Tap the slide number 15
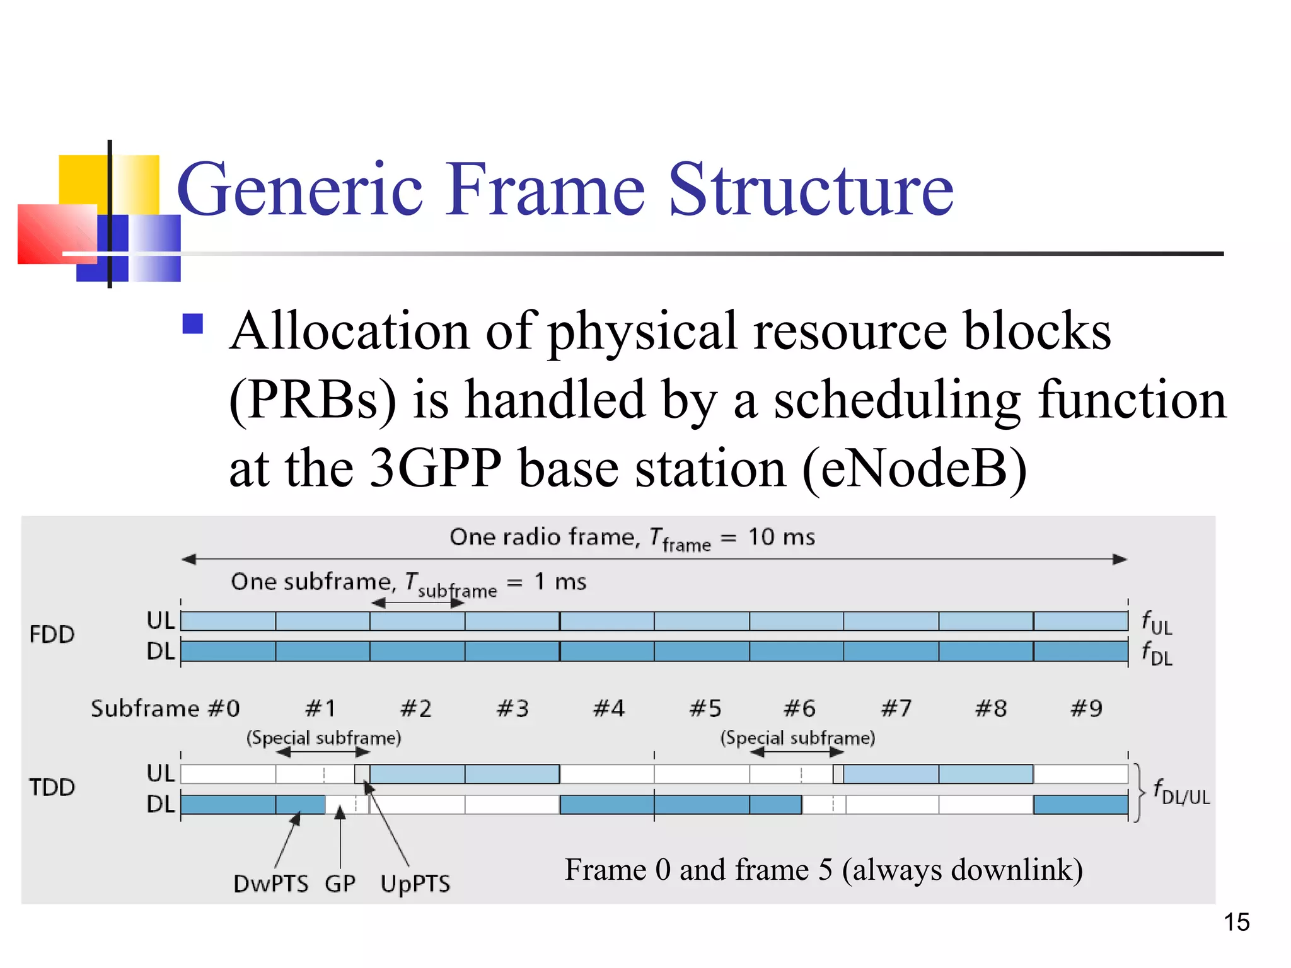pos(1236,922)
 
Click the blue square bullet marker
pos(192,324)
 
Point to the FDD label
pos(52,634)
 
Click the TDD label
pos(52,787)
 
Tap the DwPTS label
pos(270,884)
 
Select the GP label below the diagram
pos(340,884)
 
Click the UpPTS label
pos(415,884)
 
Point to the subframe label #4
pos(609,708)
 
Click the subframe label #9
pos(1086,708)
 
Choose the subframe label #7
pos(896,708)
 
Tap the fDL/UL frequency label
pos(1181,792)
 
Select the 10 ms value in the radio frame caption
pos(781,537)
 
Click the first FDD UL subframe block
pos(228,621)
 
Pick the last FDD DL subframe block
pos(1080,651)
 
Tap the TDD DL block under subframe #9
pos(1080,804)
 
